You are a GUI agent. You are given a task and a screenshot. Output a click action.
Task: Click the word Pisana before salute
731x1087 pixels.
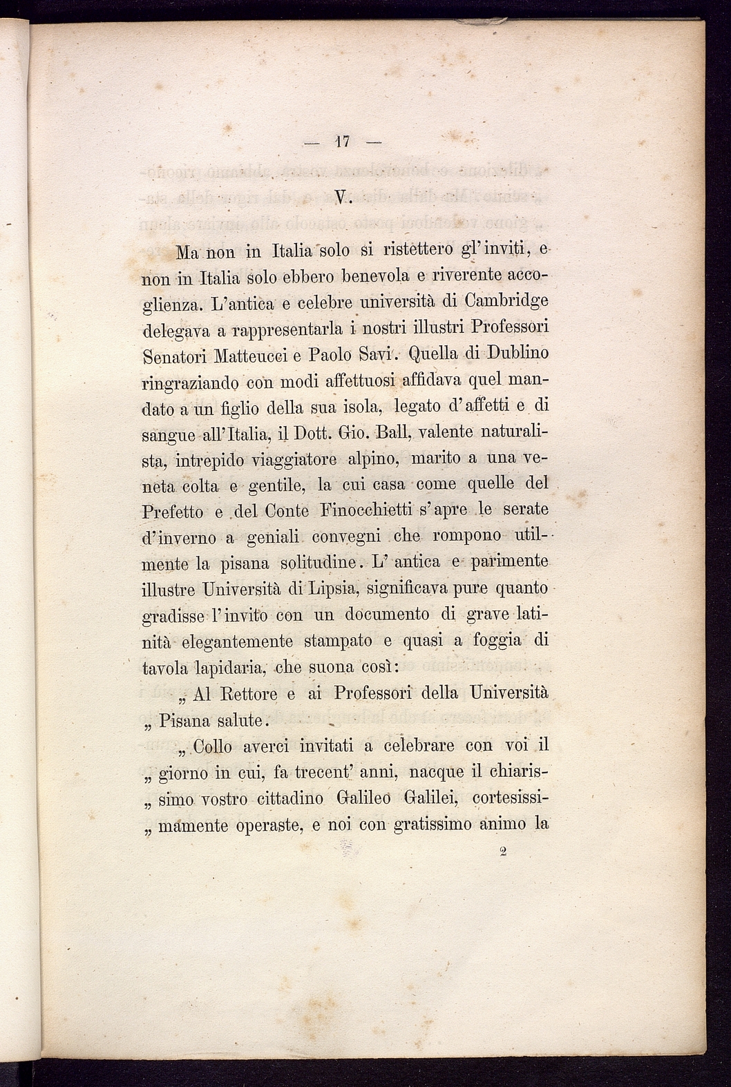pyautogui.click(x=184, y=721)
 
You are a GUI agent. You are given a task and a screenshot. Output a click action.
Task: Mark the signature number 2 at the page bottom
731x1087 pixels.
pyautogui.click(x=503, y=852)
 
